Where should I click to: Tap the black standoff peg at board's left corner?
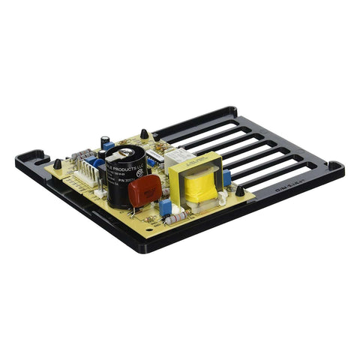(x=57, y=163)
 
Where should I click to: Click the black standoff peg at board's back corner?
(x=143, y=134)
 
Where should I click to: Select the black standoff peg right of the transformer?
(x=239, y=190)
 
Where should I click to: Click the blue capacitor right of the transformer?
(x=226, y=178)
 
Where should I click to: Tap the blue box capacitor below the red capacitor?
(x=165, y=208)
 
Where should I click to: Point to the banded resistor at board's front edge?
(x=176, y=219)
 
